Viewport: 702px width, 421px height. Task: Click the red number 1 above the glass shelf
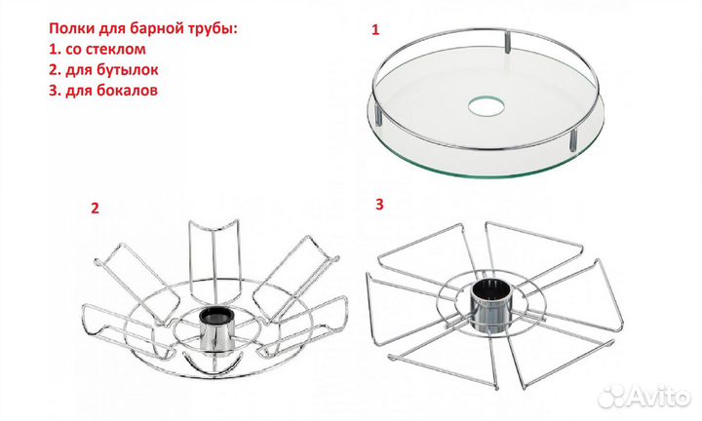375,30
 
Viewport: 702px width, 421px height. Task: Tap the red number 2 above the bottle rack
95,208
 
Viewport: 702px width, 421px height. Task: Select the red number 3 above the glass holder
379,205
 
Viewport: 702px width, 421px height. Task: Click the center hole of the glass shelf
487,105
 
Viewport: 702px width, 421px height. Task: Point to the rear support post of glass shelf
508,41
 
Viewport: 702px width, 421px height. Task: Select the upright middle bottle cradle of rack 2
214,259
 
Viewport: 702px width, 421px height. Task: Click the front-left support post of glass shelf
379,113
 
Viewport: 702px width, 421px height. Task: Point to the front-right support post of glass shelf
573,139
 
